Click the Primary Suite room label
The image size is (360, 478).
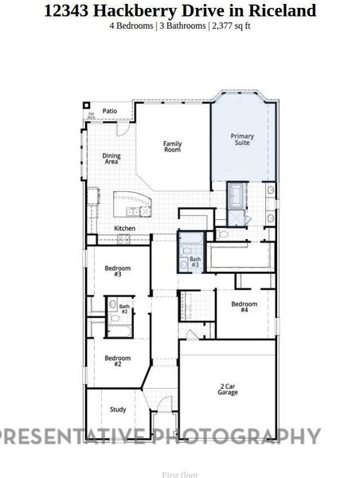click(x=242, y=140)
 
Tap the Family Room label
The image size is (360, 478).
click(x=173, y=147)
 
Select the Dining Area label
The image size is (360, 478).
click(x=112, y=159)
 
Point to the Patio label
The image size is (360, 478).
click(x=110, y=112)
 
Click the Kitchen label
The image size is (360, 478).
click(x=125, y=229)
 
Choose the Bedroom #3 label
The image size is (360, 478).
click(x=118, y=272)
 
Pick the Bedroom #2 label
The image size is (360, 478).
click(x=118, y=361)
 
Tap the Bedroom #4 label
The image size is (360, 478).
click(x=245, y=306)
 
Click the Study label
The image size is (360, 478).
click(x=118, y=409)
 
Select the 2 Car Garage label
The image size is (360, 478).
click(x=228, y=390)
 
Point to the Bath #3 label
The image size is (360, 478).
click(x=195, y=263)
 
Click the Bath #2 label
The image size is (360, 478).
click(x=124, y=308)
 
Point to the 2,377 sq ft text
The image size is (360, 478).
click(x=232, y=25)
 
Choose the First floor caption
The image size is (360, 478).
click(x=179, y=475)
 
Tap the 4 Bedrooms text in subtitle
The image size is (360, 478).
click(x=131, y=25)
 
